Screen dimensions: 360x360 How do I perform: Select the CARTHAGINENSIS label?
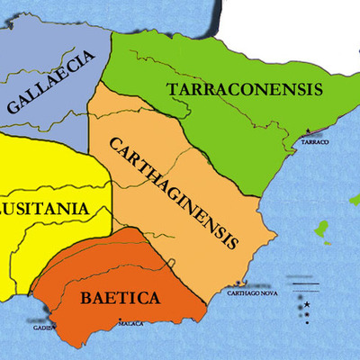(175, 192)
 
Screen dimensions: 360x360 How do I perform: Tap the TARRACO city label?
(315, 142)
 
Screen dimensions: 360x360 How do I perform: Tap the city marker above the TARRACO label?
(310, 132)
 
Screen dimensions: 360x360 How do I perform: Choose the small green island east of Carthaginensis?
(319, 232)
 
